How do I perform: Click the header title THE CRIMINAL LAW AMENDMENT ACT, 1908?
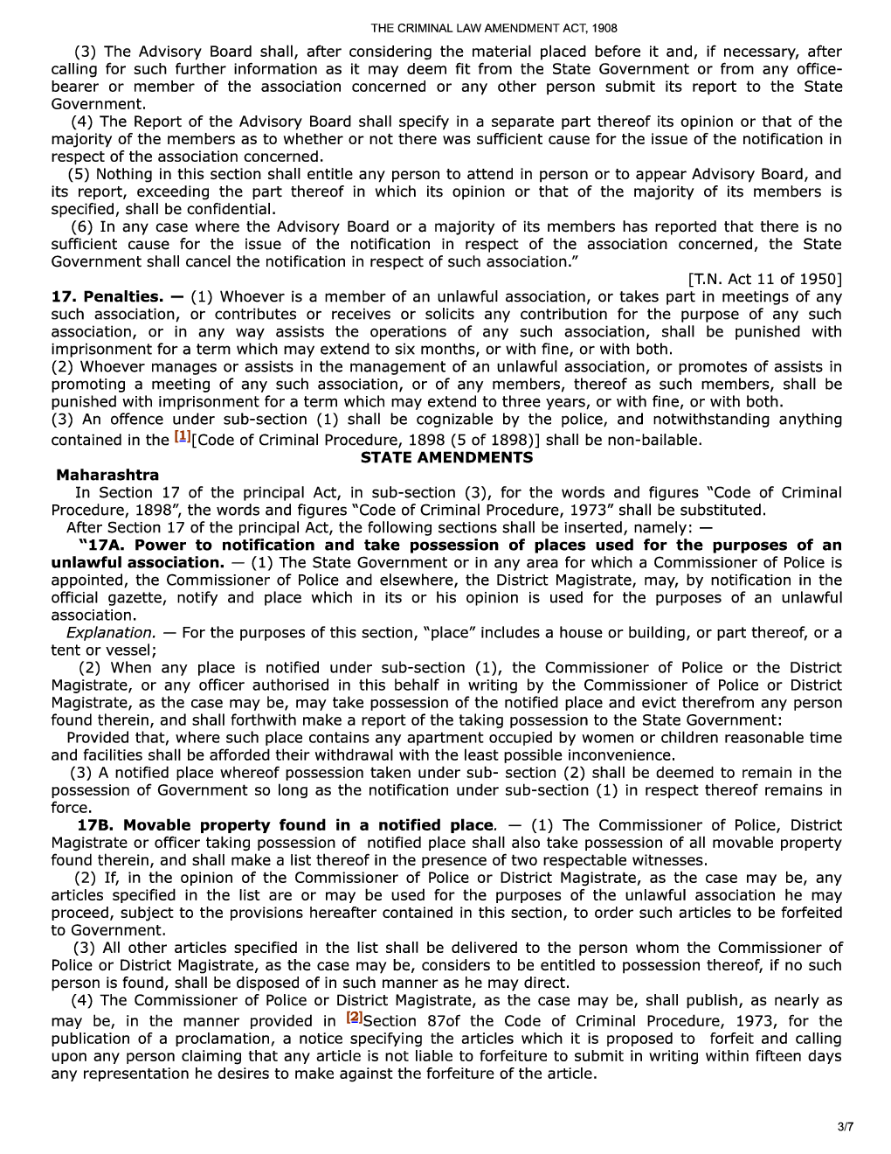click(x=494, y=29)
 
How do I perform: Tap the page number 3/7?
click(x=845, y=1128)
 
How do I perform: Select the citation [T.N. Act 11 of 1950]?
click(x=765, y=280)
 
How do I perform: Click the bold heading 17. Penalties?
click(x=107, y=297)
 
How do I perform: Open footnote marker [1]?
click(x=182, y=436)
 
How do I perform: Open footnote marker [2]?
click(x=354, y=1018)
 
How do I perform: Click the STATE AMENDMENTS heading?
click(x=446, y=458)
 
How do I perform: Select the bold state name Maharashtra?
click(x=107, y=476)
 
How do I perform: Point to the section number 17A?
click(x=107, y=546)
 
